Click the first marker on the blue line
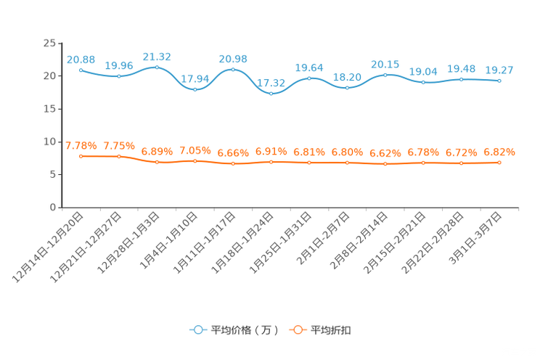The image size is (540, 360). point(81,70)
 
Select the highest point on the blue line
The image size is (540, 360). point(157,67)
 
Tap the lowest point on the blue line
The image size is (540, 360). point(271,94)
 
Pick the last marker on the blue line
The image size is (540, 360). point(499,81)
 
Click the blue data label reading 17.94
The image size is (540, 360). point(195,78)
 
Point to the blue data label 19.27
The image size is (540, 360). point(499,70)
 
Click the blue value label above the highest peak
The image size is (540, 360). point(157,56)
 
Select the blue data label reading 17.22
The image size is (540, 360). point(271,83)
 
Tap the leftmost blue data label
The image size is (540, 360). point(81,59)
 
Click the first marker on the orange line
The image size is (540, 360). point(81,156)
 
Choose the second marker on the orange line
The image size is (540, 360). point(119,157)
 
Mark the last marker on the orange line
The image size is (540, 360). point(499,163)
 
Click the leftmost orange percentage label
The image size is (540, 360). point(81,145)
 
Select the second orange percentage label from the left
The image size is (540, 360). point(119,146)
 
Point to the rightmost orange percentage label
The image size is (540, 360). point(499,152)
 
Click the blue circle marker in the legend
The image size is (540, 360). point(197,330)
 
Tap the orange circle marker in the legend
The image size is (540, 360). point(297,330)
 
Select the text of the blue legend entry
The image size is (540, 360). point(242,330)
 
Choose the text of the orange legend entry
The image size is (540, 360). point(332,330)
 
